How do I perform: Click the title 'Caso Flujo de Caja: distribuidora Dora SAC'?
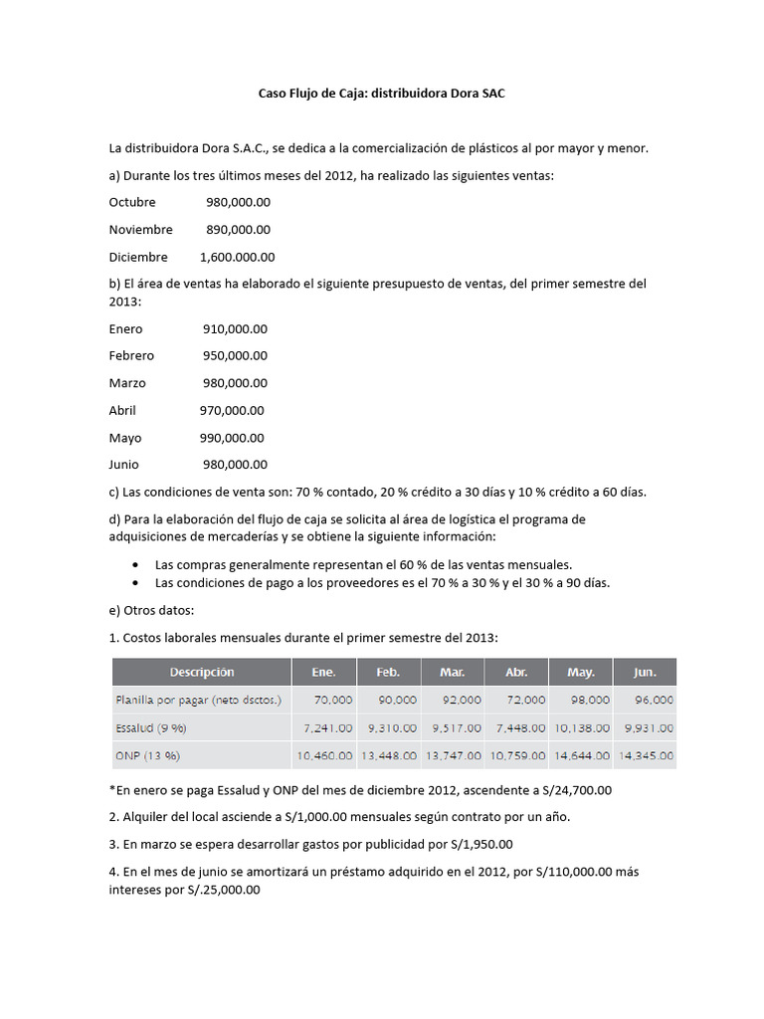[x=382, y=93]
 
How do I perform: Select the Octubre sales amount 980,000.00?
[x=238, y=202]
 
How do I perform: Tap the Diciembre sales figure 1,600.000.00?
[x=237, y=257]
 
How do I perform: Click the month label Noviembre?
[x=140, y=229]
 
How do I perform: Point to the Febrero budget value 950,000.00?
[x=235, y=355]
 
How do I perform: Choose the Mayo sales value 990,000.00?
[x=232, y=438]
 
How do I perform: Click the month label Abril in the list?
[x=122, y=410]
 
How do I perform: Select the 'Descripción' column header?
[x=201, y=673]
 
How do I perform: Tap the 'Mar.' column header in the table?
[x=452, y=673]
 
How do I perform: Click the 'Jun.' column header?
[x=644, y=673]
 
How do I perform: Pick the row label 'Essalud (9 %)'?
[x=151, y=728]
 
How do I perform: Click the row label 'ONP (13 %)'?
[x=147, y=756]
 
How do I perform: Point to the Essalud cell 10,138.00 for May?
[x=580, y=728]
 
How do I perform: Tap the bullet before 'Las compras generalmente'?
[x=134, y=564]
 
